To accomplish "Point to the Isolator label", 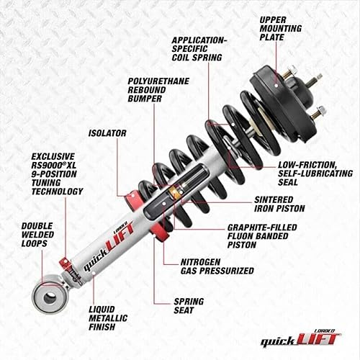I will pyautogui.click(x=107, y=133).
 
